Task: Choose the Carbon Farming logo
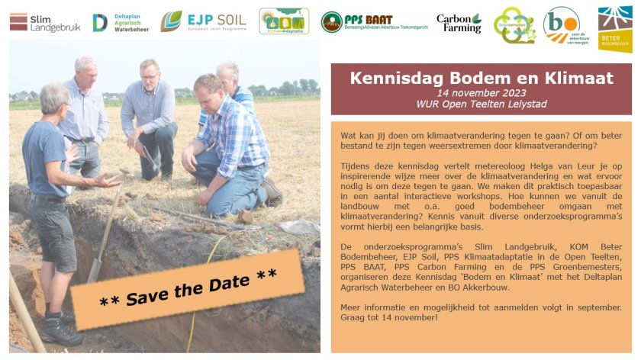pos(459,23)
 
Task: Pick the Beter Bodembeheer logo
pos(614,30)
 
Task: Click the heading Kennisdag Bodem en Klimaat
pos(481,78)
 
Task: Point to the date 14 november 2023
pos(481,92)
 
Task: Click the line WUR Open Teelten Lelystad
pos(481,104)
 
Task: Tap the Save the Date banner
pos(187,289)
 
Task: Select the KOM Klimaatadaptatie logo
pos(284,21)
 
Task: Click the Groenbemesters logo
pos(514,24)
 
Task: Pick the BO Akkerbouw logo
pos(562,26)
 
